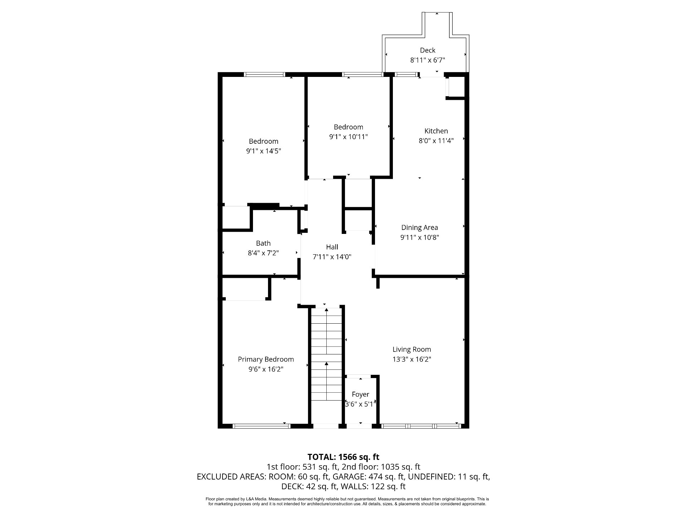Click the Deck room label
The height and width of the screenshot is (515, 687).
428,50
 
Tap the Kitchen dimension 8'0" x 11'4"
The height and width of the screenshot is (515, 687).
436,141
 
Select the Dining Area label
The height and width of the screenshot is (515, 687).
419,227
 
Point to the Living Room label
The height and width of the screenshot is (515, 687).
411,349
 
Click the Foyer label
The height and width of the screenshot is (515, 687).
360,394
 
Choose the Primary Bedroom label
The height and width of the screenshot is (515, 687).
266,359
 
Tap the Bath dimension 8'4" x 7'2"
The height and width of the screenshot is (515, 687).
263,253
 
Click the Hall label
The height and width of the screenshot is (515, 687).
332,247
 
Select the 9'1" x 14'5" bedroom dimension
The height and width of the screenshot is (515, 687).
263,151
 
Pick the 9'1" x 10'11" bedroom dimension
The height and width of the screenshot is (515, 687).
349,137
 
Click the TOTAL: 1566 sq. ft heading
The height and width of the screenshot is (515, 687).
343,457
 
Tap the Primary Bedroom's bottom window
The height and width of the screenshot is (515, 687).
261,426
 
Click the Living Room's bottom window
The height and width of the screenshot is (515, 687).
421,426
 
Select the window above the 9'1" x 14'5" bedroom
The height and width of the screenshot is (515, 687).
264,74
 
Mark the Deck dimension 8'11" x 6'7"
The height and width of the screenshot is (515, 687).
428,60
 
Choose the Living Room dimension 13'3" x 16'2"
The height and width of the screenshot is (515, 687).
411,359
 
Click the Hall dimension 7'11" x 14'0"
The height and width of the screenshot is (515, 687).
332,257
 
